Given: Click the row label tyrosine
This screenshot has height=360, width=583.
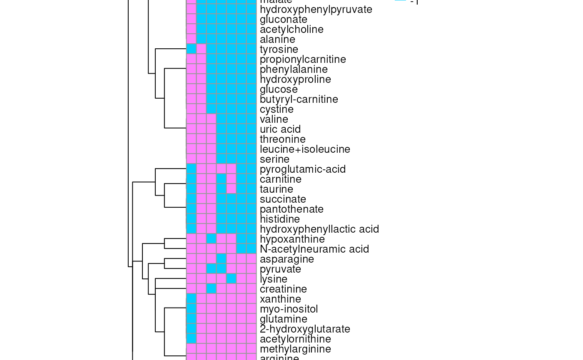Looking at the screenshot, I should (279, 50).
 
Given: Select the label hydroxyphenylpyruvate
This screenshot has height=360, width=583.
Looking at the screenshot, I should (316, 10).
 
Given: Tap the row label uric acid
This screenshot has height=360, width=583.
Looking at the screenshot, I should (280, 129).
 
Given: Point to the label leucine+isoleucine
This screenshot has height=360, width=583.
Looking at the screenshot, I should (305, 149).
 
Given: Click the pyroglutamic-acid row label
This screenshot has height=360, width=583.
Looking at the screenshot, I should (303, 169).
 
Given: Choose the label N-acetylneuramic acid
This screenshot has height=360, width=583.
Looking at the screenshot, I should (314, 249).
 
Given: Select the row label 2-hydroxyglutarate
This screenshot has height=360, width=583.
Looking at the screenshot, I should (305, 329).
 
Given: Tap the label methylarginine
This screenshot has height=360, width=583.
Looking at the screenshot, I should (295, 349).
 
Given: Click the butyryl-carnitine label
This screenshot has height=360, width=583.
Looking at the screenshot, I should (299, 99).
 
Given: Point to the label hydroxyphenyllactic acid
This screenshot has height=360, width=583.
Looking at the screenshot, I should (319, 229).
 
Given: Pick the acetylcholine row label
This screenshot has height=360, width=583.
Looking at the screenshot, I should (291, 30).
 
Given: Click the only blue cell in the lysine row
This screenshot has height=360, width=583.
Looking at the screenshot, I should (231, 278).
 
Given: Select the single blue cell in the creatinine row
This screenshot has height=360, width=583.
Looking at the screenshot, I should (211, 288).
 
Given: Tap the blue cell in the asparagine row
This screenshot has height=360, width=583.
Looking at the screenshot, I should (221, 258).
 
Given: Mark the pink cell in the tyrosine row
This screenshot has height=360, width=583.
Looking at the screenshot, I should (201, 49).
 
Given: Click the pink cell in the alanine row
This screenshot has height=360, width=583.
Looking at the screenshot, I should (191, 39).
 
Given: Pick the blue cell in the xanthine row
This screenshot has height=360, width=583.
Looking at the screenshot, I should (191, 298).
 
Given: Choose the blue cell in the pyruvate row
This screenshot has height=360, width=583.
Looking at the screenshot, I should (211, 268).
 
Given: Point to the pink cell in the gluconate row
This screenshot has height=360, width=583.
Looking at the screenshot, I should (191, 19).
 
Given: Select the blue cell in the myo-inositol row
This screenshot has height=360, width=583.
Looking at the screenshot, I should (191, 308).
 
